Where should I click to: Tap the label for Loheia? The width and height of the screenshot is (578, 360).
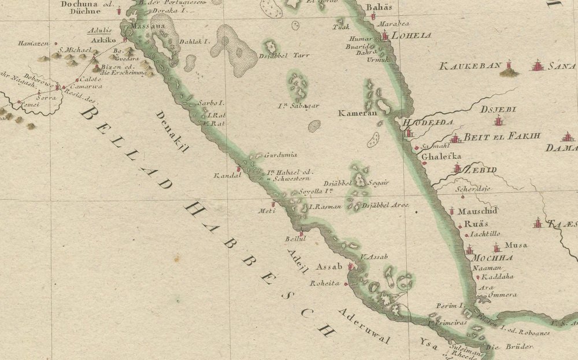tap(412, 35)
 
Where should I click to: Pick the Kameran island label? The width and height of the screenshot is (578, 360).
tap(358, 113)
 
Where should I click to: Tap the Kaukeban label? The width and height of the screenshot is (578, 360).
tap(469, 66)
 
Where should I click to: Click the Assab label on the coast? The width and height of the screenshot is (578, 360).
tap(330, 267)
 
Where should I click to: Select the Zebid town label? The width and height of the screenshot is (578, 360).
tap(480, 170)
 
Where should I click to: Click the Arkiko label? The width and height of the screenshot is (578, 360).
tap(104, 40)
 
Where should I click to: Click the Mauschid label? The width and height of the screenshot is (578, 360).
tap(478, 211)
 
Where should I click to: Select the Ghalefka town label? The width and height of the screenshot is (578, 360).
tap(441, 157)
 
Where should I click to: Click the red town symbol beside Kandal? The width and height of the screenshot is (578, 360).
tap(238, 169)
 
